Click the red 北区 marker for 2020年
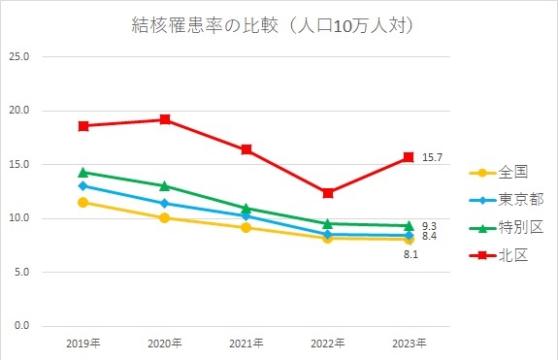click(x=166, y=119)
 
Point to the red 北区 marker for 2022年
click(x=328, y=193)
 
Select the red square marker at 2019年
click(x=84, y=126)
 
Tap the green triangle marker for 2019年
click(x=84, y=172)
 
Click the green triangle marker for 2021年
click(x=246, y=208)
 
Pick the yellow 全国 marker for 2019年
click(x=84, y=202)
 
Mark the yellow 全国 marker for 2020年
click(x=166, y=217)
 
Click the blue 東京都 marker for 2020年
click(x=166, y=203)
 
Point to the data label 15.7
click(x=432, y=157)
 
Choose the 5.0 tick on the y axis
click(x=20, y=272)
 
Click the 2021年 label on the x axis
click(x=246, y=344)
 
